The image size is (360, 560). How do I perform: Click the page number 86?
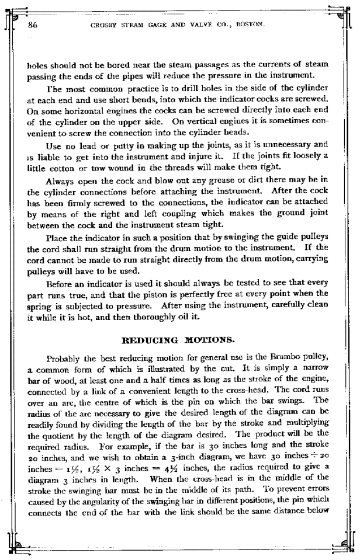click(x=33, y=25)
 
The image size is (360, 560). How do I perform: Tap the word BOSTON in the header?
click(x=254, y=26)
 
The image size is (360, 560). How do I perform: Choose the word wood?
click(x=58, y=377)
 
